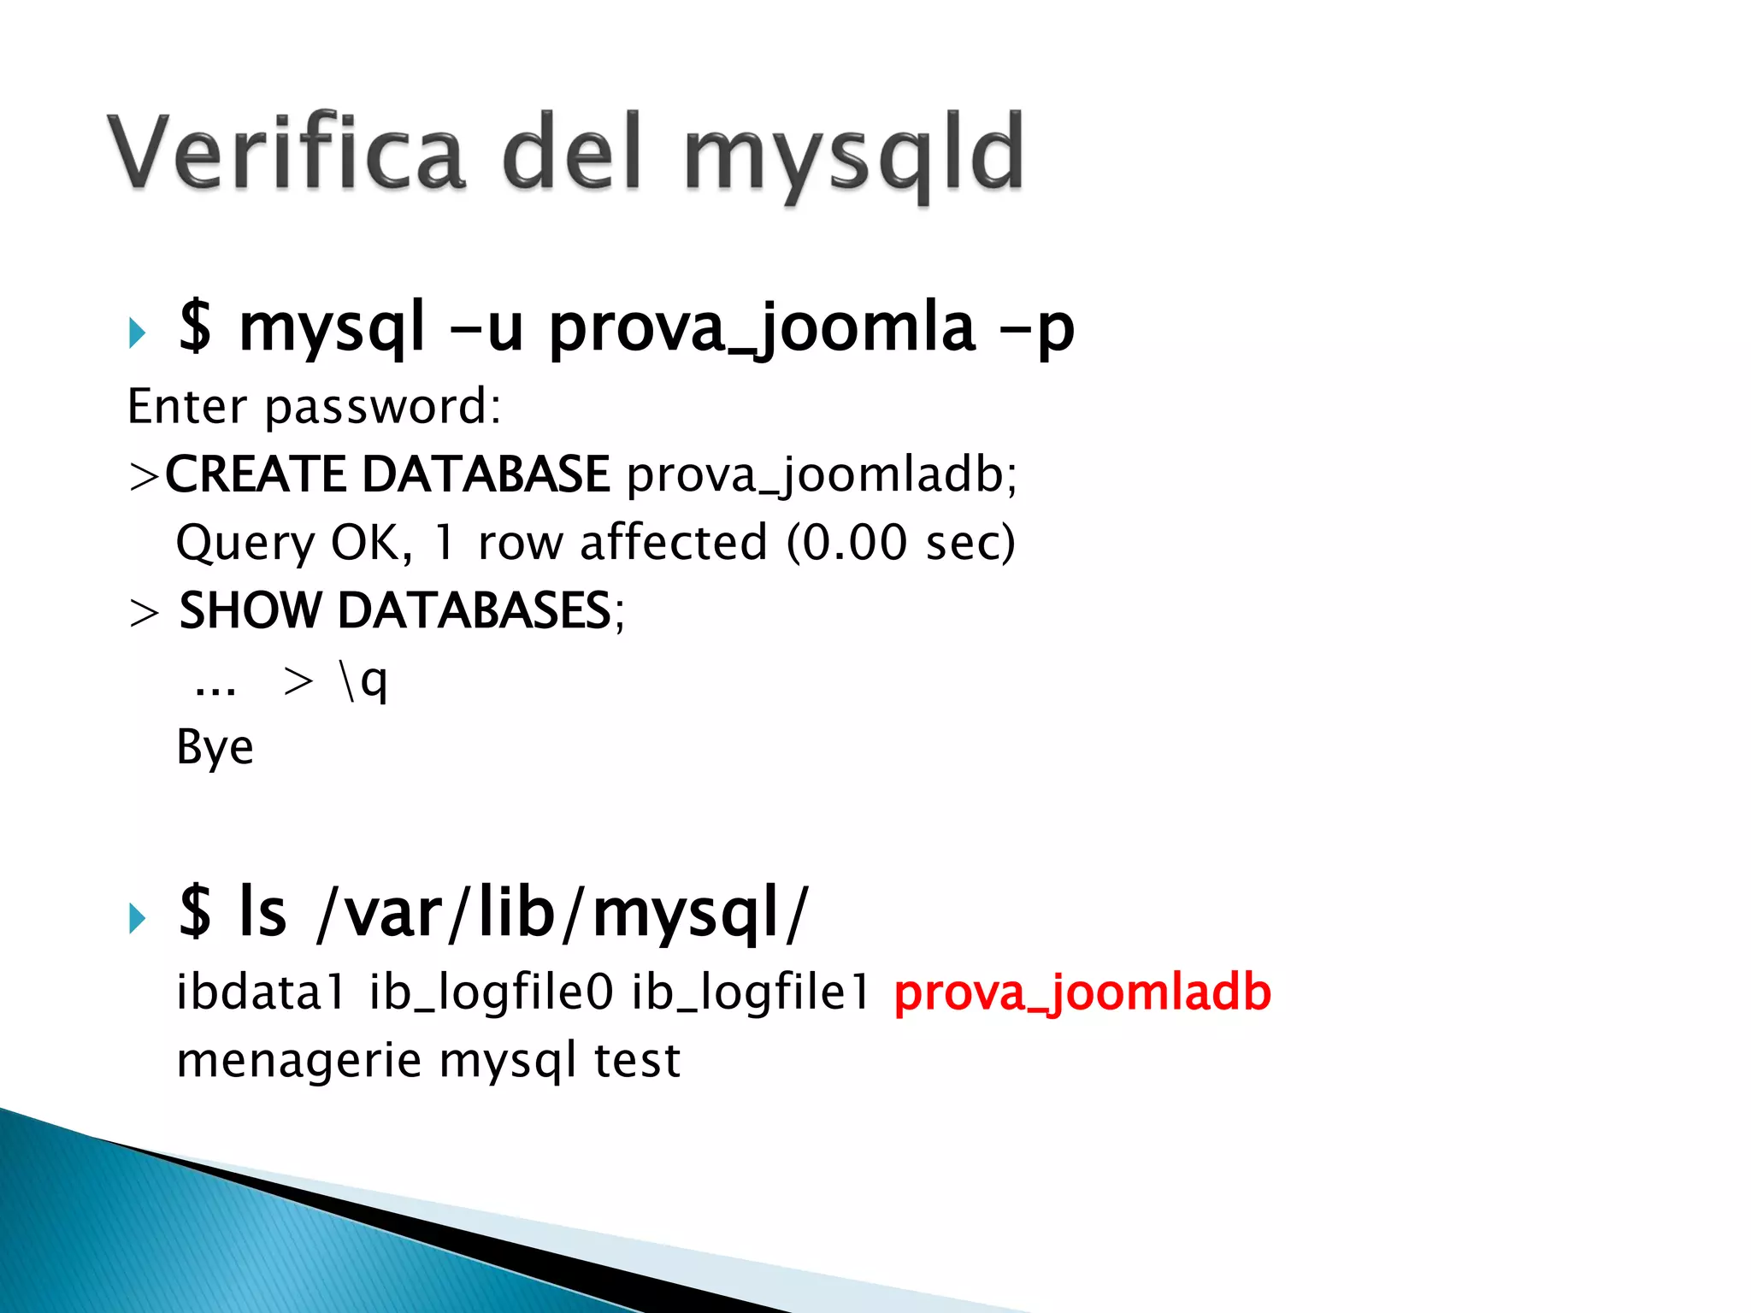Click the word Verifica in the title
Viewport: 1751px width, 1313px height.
pyautogui.click(x=286, y=154)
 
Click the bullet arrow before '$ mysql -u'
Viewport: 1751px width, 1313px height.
pyautogui.click(x=137, y=333)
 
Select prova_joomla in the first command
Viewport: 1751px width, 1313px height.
pyautogui.click(x=761, y=329)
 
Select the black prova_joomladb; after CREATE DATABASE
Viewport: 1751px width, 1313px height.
pyautogui.click(x=821, y=476)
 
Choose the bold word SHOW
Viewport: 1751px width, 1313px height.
pyautogui.click(x=250, y=611)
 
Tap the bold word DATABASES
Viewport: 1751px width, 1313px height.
pyautogui.click(x=475, y=611)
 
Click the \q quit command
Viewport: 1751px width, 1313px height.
pyautogui.click(x=363, y=682)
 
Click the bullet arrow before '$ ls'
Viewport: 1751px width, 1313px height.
pyautogui.click(x=137, y=919)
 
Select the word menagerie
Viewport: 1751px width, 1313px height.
pyautogui.click(x=298, y=1062)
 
